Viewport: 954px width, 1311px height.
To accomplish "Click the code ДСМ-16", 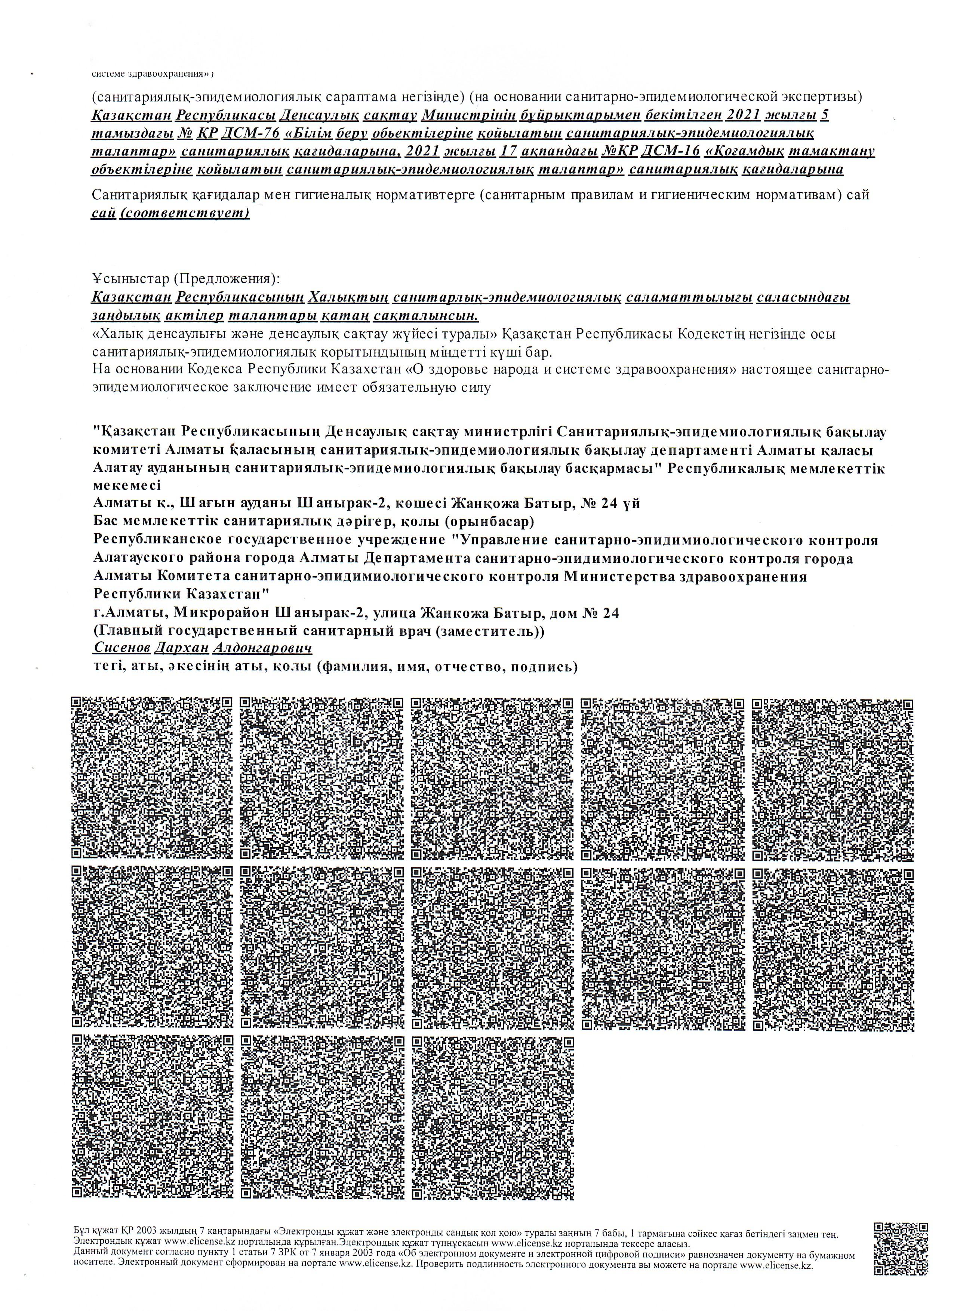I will pos(674,151).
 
